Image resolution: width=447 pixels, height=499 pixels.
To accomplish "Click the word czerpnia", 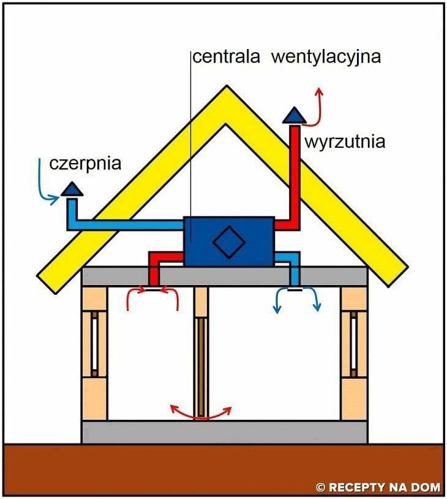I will (x=85, y=164).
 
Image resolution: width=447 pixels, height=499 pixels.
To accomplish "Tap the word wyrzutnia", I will (x=345, y=142).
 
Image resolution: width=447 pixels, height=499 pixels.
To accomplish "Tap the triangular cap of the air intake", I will (x=73, y=189).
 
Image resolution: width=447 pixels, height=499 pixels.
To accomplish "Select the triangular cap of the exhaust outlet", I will (x=295, y=115).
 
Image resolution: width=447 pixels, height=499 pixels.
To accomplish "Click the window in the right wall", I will (x=353, y=343).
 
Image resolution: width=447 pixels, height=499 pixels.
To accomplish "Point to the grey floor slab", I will (x=224, y=432).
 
